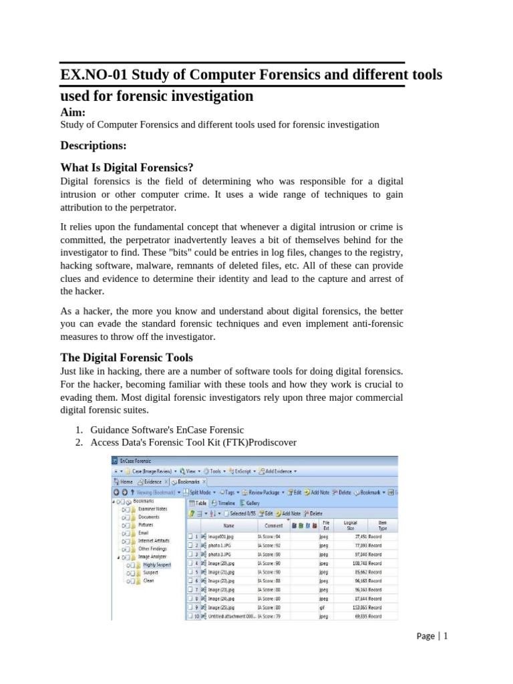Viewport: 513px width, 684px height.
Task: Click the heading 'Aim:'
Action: (x=73, y=113)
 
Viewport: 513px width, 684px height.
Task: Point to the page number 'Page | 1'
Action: (x=431, y=636)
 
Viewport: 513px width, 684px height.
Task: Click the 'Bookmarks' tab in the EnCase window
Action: (x=189, y=481)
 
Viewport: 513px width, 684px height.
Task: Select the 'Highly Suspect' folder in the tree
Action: (x=156, y=564)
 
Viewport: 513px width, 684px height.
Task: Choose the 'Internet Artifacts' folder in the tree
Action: (x=154, y=540)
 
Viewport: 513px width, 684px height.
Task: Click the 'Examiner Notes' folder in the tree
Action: (x=152, y=509)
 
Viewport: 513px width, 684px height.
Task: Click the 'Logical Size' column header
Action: (x=350, y=525)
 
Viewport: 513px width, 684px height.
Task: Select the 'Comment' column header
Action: (x=274, y=525)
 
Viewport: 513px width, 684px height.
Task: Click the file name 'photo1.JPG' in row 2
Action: (x=221, y=545)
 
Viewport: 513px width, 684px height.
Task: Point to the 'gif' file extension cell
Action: (x=323, y=607)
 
